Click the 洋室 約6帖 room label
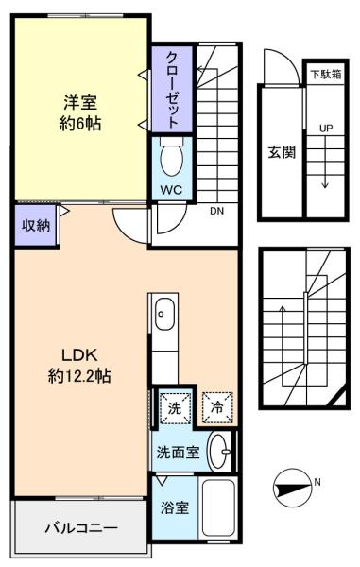pyautogui.click(x=80, y=112)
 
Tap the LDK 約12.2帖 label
pyautogui.click(x=79, y=366)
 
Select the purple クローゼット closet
pyautogui.click(x=172, y=90)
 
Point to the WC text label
pyautogui.click(x=171, y=190)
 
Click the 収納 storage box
pyautogui.click(x=35, y=226)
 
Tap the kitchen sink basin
pyautogui.click(x=164, y=314)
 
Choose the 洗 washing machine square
pyautogui.click(x=175, y=408)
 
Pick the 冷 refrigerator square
pyautogui.click(x=217, y=408)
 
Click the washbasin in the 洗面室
pyautogui.click(x=219, y=452)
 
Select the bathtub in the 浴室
pyautogui.click(x=218, y=507)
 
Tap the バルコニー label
pyautogui.click(x=81, y=528)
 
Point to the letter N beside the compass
pyautogui.click(x=317, y=482)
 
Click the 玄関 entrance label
pyautogui.click(x=282, y=152)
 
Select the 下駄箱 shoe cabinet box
pyautogui.click(x=326, y=74)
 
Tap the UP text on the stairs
pyautogui.click(x=326, y=128)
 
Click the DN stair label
pyautogui.click(x=217, y=211)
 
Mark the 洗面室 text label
pyautogui.click(x=179, y=452)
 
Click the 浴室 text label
pyautogui.click(x=175, y=507)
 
